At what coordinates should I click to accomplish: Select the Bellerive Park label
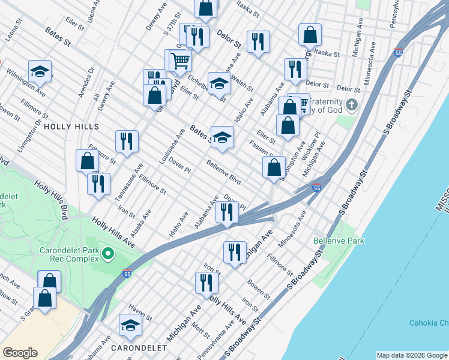tap(339, 241)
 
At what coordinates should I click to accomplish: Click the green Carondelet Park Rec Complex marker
tap(108, 254)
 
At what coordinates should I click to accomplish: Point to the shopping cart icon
tap(178, 60)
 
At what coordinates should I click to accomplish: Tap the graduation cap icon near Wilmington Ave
tap(40, 71)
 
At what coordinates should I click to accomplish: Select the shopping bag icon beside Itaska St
tap(310, 34)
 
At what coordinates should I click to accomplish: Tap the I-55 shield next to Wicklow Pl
tap(317, 188)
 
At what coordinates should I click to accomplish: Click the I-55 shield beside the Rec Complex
tap(127, 274)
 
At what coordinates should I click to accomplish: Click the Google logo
tap(20, 353)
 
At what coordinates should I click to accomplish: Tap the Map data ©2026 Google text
tap(412, 355)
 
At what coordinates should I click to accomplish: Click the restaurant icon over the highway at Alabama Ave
tap(227, 212)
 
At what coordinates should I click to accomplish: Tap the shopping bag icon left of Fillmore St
tap(88, 160)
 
